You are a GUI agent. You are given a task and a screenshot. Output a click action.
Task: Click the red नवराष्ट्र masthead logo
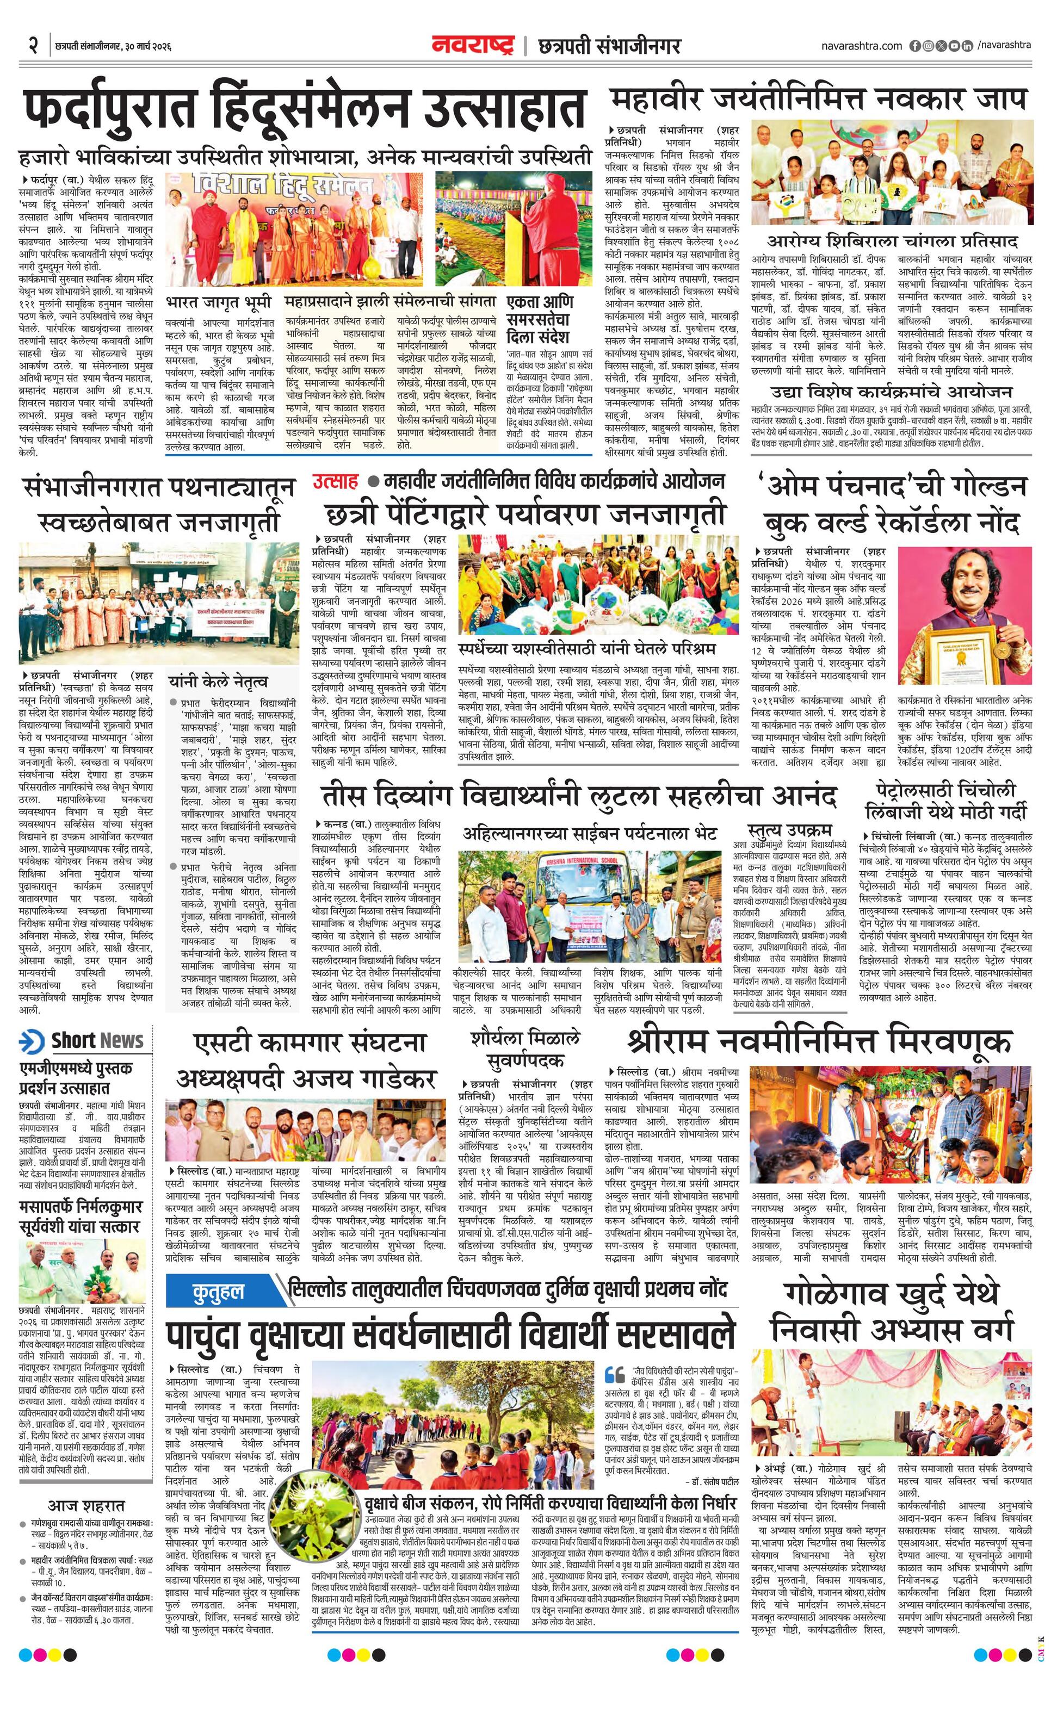[x=473, y=46]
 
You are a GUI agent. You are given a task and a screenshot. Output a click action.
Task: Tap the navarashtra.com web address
[x=861, y=46]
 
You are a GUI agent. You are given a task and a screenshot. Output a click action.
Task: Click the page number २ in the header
[x=33, y=46]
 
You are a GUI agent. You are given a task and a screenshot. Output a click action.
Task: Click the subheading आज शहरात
[x=85, y=1505]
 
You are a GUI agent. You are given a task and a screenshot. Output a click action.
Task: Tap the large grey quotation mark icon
[x=614, y=1374]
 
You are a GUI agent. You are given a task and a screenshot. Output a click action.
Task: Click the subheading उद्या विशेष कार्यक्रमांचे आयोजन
[x=891, y=392]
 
